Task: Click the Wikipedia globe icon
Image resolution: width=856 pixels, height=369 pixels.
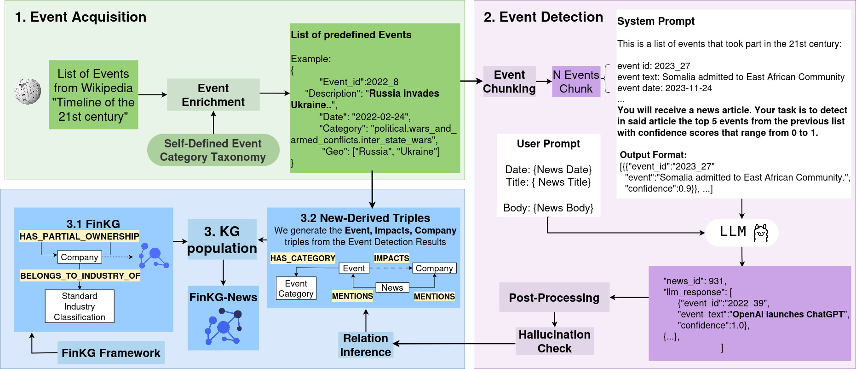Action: coord(28,91)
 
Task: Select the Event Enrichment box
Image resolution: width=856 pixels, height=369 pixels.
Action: coord(213,94)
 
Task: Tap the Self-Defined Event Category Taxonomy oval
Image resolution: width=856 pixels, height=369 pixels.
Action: coord(213,150)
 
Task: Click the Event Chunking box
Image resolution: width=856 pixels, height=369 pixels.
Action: coord(509,82)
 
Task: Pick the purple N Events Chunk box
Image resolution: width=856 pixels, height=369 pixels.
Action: coord(576,82)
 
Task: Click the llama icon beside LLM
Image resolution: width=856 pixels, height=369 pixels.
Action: coord(761,233)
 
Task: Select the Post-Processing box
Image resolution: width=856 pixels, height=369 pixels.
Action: coord(554,298)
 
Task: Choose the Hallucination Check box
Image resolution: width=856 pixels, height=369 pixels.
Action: coord(555,341)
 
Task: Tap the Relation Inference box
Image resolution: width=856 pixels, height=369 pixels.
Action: coord(366,345)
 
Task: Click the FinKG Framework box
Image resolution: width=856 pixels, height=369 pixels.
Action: coord(111,353)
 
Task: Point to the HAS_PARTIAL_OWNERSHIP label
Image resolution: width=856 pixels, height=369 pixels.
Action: coord(79,236)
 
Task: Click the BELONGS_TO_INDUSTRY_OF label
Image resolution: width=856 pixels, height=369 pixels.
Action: coord(80,275)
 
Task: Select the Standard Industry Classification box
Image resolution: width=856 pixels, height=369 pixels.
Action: coord(80,306)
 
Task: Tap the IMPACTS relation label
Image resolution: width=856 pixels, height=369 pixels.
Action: coord(391,258)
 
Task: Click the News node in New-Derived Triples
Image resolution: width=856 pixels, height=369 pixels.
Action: coord(392,287)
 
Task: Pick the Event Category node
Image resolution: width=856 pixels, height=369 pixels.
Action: coord(296,288)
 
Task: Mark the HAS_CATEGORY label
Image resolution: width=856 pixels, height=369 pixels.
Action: coord(303,258)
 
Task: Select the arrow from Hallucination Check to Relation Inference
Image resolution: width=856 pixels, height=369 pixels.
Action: coord(454,344)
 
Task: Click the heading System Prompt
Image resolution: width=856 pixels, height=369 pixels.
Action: coord(656,21)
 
